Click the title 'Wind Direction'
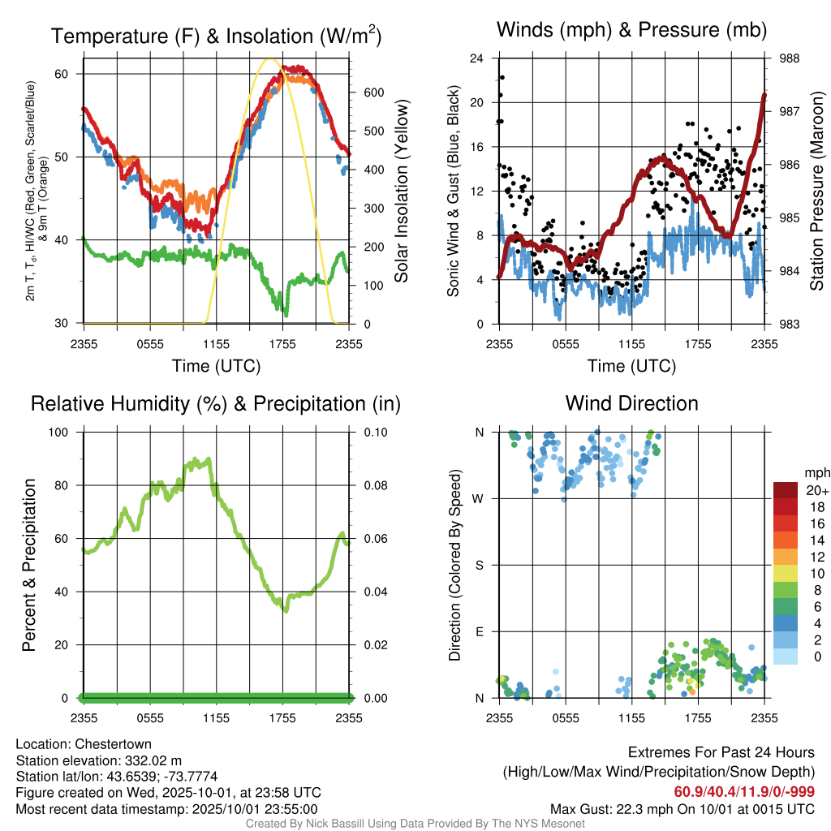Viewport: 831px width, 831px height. (x=631, y=403)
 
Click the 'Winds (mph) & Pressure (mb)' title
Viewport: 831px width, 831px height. (x=631, y=31)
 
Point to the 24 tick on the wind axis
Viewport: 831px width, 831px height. (x=476, y=58)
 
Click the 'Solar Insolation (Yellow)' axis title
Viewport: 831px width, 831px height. (x=401, y=191)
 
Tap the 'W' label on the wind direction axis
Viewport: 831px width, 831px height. (x=480, y=498)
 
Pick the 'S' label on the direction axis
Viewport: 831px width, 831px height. (x=480, y=565)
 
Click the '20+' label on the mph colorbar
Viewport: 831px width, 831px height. (x=817, y=491)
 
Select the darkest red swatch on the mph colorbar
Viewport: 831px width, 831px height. (x=786, y=490)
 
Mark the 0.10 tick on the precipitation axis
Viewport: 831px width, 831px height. (x=374, y=432)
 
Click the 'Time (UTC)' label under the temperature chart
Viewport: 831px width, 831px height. (x=216, y=366)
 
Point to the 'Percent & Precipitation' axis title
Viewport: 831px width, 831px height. (x=28, y=565)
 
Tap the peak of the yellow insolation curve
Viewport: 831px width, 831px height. (x=271, y=59)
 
